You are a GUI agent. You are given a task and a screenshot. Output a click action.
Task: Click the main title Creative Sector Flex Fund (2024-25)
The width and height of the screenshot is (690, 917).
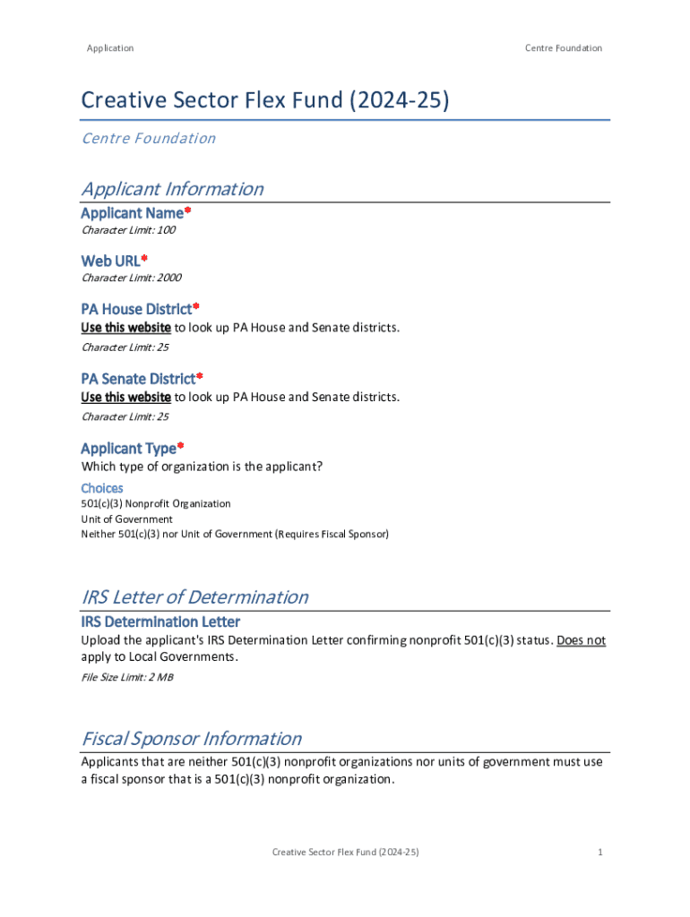(x=265, y=99)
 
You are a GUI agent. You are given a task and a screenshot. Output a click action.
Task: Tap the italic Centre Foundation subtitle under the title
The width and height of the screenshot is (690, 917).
(x=149, y=138)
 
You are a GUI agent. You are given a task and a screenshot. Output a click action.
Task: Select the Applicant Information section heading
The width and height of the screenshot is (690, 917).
(x=172, y=189)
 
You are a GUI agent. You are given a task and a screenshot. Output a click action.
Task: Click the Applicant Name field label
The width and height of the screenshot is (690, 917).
(x=133, y=213)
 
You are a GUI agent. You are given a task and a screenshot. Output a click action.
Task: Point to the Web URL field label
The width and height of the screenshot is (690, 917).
(x=111, y=261)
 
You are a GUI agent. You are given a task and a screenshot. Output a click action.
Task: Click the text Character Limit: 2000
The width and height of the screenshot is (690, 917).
(x=131, y=278)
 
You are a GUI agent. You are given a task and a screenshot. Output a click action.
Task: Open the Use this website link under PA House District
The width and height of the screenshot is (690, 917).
(x=125, y=327)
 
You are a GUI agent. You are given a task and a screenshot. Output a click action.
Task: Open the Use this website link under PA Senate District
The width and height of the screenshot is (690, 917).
(x=125, y=397)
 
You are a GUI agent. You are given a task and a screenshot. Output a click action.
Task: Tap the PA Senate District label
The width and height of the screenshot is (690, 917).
(x=139, y=379)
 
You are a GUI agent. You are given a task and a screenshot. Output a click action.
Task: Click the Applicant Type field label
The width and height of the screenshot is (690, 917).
(x=129, y=448)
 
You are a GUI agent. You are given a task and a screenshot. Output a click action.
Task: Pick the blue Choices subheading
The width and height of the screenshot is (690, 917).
(x=102, y=488)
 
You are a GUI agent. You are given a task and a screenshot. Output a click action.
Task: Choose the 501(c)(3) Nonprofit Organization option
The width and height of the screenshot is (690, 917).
(x=156, y=504)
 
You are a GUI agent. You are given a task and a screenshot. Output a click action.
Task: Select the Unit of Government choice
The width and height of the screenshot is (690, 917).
(x=126, y=519)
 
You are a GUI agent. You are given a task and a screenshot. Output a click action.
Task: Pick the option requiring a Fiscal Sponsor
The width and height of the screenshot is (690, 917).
(x=235, y=535)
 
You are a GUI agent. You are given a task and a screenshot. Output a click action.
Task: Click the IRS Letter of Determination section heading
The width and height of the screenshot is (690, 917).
(x=194, y=597)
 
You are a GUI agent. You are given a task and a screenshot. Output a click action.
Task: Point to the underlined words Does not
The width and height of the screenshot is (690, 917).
(x=581, y=640)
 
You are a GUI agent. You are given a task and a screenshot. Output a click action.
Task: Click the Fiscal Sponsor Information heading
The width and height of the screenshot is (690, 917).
(x=191, y=739)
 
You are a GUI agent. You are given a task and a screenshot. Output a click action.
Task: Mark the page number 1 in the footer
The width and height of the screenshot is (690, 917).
(x=599, y=852)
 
